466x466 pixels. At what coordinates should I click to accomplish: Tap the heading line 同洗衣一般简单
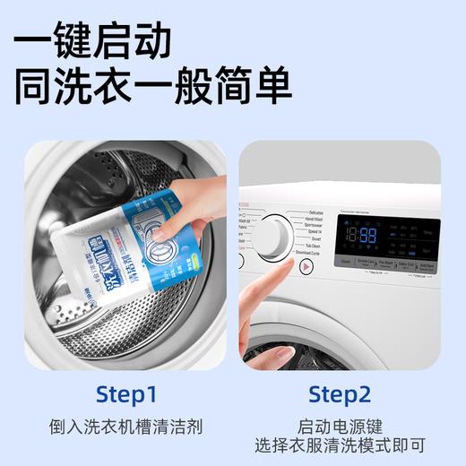[x=153, y=87]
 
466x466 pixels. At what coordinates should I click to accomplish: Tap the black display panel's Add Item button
[x=429, y=264]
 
